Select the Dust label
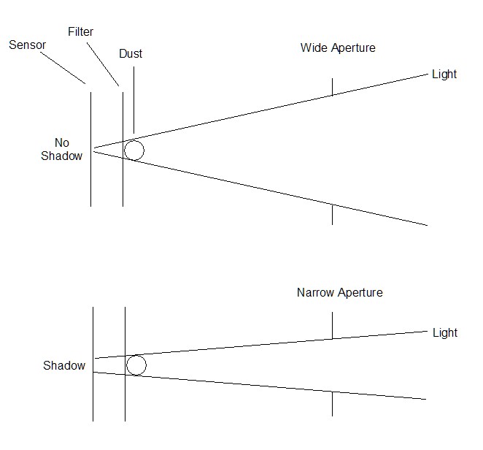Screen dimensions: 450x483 coord(130,54)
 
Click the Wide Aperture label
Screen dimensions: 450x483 coord(338,48)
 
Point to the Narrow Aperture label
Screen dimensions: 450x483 coord(339,293)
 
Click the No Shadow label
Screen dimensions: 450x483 coord(62,148)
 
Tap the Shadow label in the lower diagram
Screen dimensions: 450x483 coord(64,365)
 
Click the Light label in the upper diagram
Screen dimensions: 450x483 coord(444,74)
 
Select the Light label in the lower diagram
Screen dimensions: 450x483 coord(444,332)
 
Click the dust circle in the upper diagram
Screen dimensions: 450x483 coord(134,150)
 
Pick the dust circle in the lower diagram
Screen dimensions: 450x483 coord(136,365)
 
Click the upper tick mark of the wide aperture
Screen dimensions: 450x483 coord(332,86)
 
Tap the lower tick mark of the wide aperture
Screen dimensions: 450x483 coord(332,214)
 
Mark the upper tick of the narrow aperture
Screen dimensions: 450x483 coord(332,325)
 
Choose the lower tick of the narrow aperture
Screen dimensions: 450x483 coord(332,403)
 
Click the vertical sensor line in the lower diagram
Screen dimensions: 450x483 coord(93,394)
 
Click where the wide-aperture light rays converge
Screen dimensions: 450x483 coord(94,148)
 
